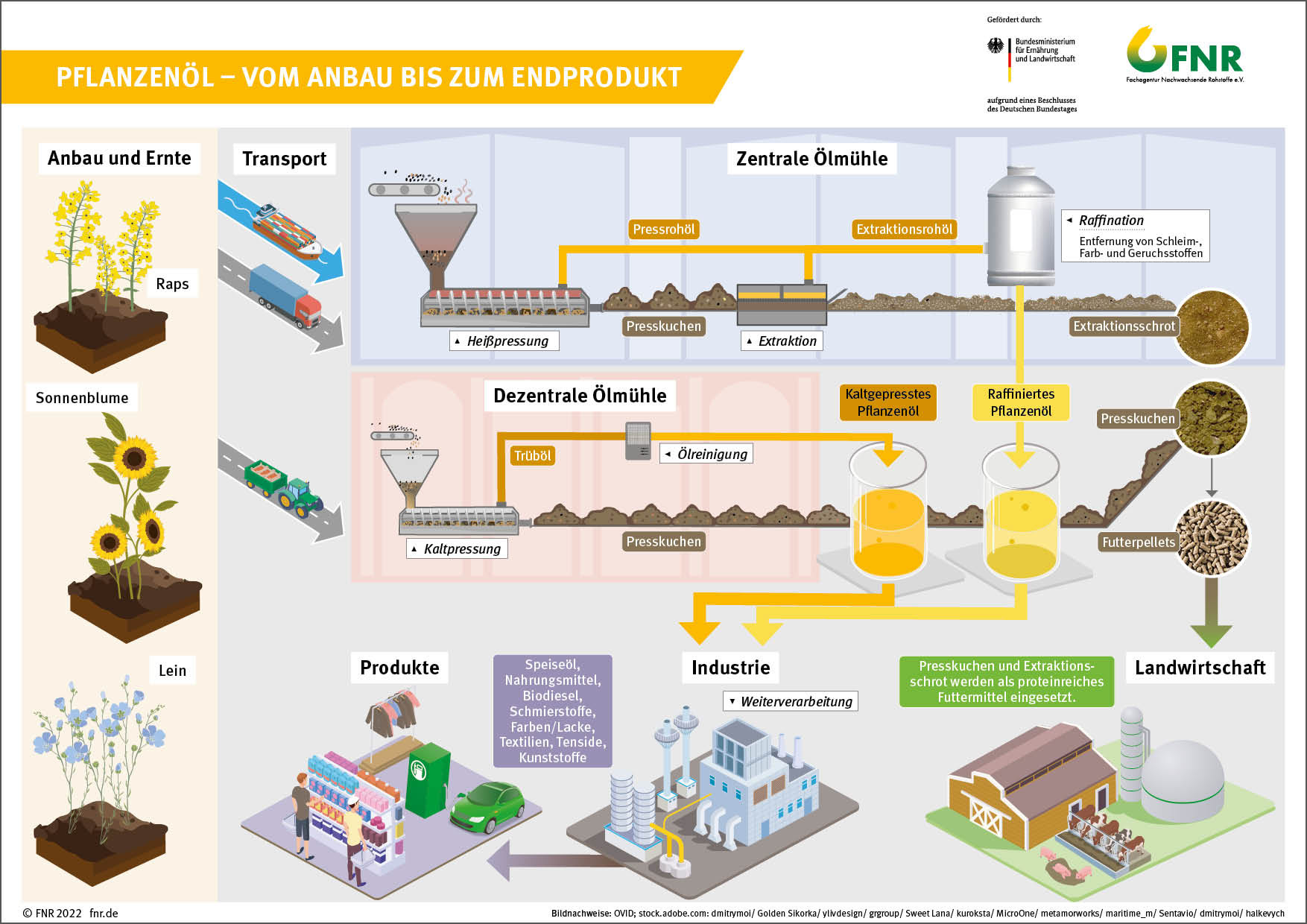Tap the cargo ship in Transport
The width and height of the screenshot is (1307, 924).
(x=287, y=228)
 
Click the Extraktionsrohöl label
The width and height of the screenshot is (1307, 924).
(x=904, y=230)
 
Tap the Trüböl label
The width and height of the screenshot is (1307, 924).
(x=533, y=455)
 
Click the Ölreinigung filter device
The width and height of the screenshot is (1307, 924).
(x=638, y=441)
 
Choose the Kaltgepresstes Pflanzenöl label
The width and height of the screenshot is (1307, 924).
(x=887, y=402)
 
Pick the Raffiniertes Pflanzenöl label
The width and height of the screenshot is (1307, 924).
(x=1021, y=402)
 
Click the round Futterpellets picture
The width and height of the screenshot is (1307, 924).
(x=1212, y=538)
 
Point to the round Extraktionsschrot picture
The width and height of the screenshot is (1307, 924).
(x=1212, y=327)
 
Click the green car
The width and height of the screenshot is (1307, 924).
(x=487, y=806)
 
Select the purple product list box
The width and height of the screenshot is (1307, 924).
(x=553, y=711)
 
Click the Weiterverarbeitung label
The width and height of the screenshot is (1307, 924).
(x=791, y=701)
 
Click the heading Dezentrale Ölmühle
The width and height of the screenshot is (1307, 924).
(x=580, y=396)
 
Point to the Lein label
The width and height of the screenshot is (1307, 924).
(x=172, y=670)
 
